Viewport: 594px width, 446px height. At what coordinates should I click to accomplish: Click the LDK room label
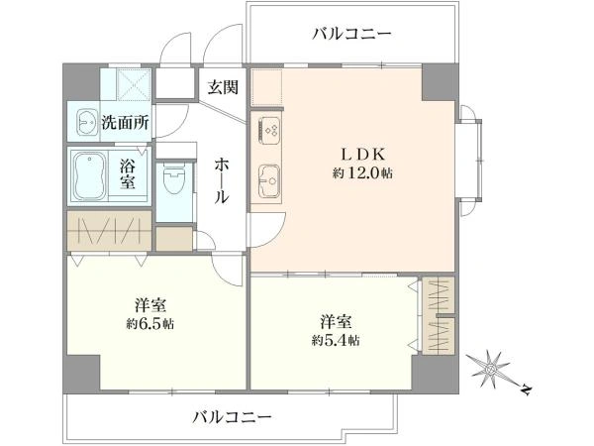(363, 155)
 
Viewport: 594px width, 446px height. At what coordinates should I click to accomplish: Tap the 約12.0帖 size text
(362, 173)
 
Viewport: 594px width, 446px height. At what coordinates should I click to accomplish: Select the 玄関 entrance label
(223, 87)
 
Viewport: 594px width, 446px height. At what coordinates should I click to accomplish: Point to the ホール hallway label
(222, 181)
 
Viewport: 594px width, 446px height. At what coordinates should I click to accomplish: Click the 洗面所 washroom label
(125, 122)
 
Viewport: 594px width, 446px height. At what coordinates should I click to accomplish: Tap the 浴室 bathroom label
(128, 174)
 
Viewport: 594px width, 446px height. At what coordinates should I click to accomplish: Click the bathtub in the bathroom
(89, 175)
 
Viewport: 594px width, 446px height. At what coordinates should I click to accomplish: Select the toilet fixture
(174, 177)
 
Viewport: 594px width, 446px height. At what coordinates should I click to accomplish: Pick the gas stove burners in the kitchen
(269, 130)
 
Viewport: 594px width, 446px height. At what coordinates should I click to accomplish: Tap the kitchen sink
(269, 181)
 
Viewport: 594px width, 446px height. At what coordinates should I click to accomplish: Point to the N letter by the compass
(526, 390)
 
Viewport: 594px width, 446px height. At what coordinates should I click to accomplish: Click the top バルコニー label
(351, 34)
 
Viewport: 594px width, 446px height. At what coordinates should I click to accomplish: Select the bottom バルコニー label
(232, 417)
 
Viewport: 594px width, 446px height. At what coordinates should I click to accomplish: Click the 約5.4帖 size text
(336, 340)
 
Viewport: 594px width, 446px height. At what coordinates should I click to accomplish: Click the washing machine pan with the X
(134, 84)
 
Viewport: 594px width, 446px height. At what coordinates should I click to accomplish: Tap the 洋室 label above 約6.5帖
(150, 305)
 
